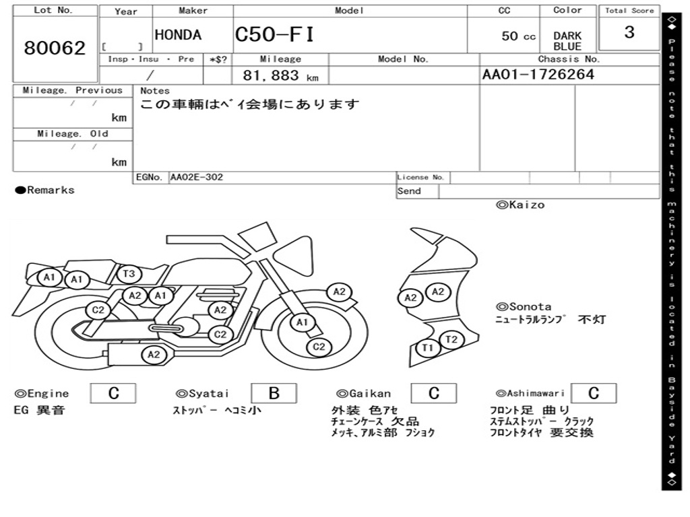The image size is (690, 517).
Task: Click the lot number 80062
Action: point(55,48)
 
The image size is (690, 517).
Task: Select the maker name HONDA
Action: point(178,36)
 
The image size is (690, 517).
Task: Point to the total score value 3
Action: point(629,32)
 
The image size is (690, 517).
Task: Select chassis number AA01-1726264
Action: point(538,75)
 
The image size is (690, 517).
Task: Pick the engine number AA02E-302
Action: point(197,177)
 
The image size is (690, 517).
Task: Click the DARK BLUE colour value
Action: point(567,41)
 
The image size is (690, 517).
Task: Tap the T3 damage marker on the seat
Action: point(129,273)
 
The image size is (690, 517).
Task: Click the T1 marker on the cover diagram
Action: point(427,348)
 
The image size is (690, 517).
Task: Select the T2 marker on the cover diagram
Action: point(451,339)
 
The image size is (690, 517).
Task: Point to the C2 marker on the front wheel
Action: point(319,347)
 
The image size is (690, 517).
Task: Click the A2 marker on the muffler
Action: point(154,354)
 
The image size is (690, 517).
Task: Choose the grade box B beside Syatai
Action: point(274,393)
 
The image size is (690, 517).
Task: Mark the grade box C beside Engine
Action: point(113,393)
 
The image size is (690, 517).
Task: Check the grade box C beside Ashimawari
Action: point(593,393)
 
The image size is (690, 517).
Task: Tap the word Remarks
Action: point(51,191)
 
